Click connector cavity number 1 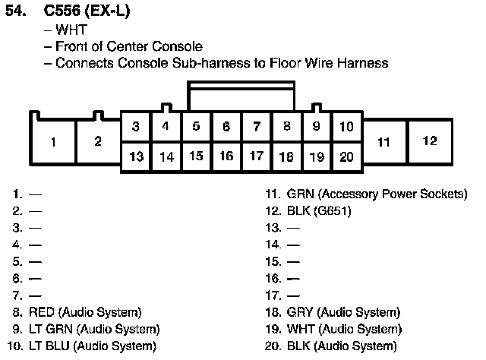53,142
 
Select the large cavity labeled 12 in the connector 430,141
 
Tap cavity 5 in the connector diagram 196,126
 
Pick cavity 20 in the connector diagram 346,157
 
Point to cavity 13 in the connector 136,157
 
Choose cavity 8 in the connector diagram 286,126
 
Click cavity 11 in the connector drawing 383,142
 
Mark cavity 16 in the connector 226,156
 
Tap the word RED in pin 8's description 42,312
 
